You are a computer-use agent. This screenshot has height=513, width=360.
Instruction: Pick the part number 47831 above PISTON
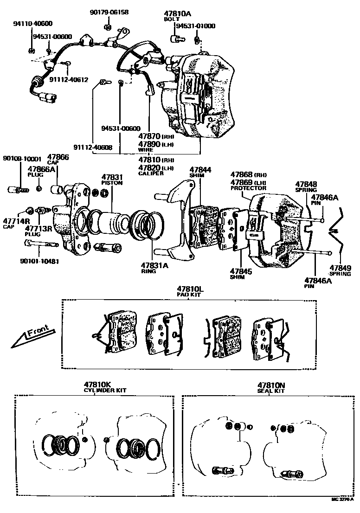click(x=112, y=177)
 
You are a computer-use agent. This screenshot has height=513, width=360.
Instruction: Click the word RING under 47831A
click(x=148, y=271)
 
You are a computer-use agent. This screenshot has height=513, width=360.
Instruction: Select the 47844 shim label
click(x=200, y=169)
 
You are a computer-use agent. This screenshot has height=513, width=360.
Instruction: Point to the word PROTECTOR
click(x=248, y=188)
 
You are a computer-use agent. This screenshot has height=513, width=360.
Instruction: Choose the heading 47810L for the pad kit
click(x=189, y=289)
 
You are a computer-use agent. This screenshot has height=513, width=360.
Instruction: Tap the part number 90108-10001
click(x=22, y=158)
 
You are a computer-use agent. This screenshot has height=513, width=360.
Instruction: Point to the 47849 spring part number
click(x=341, y=268)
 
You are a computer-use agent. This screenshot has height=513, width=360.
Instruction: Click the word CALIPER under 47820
click(x=151, y=173)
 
